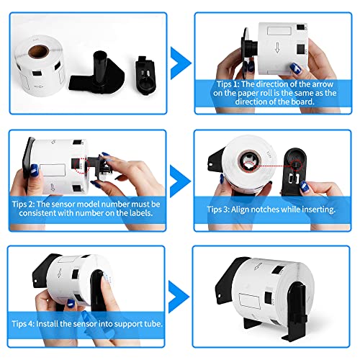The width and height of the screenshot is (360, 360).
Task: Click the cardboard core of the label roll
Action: (x=38, y=51)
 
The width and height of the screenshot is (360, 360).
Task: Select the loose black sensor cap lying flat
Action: (x=145, y=76)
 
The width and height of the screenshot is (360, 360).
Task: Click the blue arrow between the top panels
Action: (x=180, y=63)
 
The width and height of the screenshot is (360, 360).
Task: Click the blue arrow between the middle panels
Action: (x=180, y=181)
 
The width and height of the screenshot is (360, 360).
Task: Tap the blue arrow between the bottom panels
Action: (x=179, y=297)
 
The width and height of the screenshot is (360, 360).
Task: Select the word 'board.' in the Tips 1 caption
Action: (x=302, y=102)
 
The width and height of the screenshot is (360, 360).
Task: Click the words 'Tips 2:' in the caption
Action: (x=23, y=204)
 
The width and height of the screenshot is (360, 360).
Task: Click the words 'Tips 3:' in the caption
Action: (x=218, y=210)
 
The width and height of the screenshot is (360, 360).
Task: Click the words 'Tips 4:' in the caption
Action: (x=23, y=324)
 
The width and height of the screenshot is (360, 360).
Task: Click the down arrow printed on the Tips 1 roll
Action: (x=277, y=48)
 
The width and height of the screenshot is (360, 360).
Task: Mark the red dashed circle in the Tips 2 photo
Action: (x=81, y=166)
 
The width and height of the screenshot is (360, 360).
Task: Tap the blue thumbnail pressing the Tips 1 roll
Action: (x=295, y=68)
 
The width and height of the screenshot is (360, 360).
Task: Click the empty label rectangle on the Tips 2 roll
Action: (x=53, y=170)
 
